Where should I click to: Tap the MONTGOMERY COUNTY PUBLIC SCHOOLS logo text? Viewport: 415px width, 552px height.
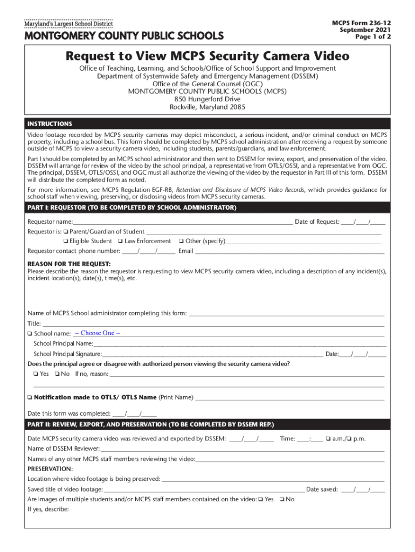(123, 37)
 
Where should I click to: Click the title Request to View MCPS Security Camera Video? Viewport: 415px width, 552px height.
(207, 57)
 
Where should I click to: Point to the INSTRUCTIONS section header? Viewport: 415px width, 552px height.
(50, 123)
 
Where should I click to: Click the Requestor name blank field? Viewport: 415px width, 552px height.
(183, 222)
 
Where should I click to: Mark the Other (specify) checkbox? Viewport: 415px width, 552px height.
(181, 241)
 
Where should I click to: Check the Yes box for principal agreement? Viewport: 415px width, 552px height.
(35, 374)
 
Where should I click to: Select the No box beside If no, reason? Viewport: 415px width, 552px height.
(58, 374)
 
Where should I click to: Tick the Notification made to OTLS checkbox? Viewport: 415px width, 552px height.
(30, 397)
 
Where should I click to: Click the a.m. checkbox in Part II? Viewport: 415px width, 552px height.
(328, 438)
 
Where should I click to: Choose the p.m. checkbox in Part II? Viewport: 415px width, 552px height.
(349, 438)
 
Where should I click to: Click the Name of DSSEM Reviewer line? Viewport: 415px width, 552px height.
(243, 448)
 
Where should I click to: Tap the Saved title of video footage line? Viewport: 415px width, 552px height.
(204, 489)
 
